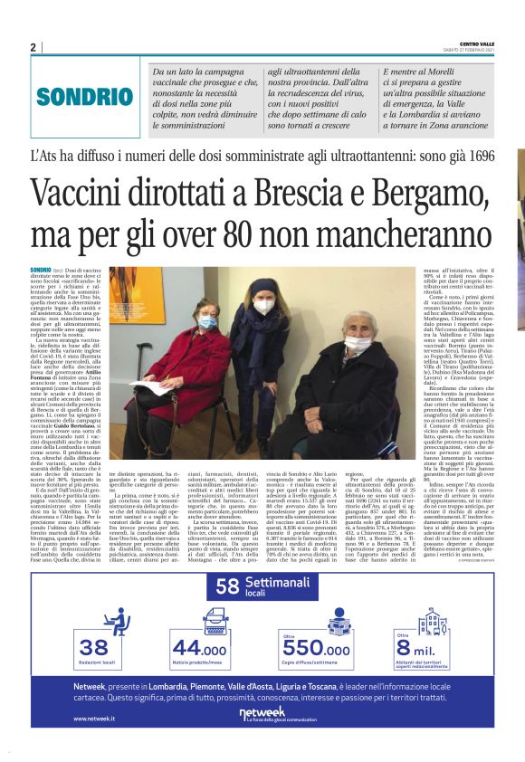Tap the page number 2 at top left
pos(33,47)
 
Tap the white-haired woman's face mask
pos(360,344)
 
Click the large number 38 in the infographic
pos(93,647)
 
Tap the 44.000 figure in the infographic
pos(199,648)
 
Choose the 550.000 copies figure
pos(317,649)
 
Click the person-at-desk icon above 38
pos(117,621)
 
